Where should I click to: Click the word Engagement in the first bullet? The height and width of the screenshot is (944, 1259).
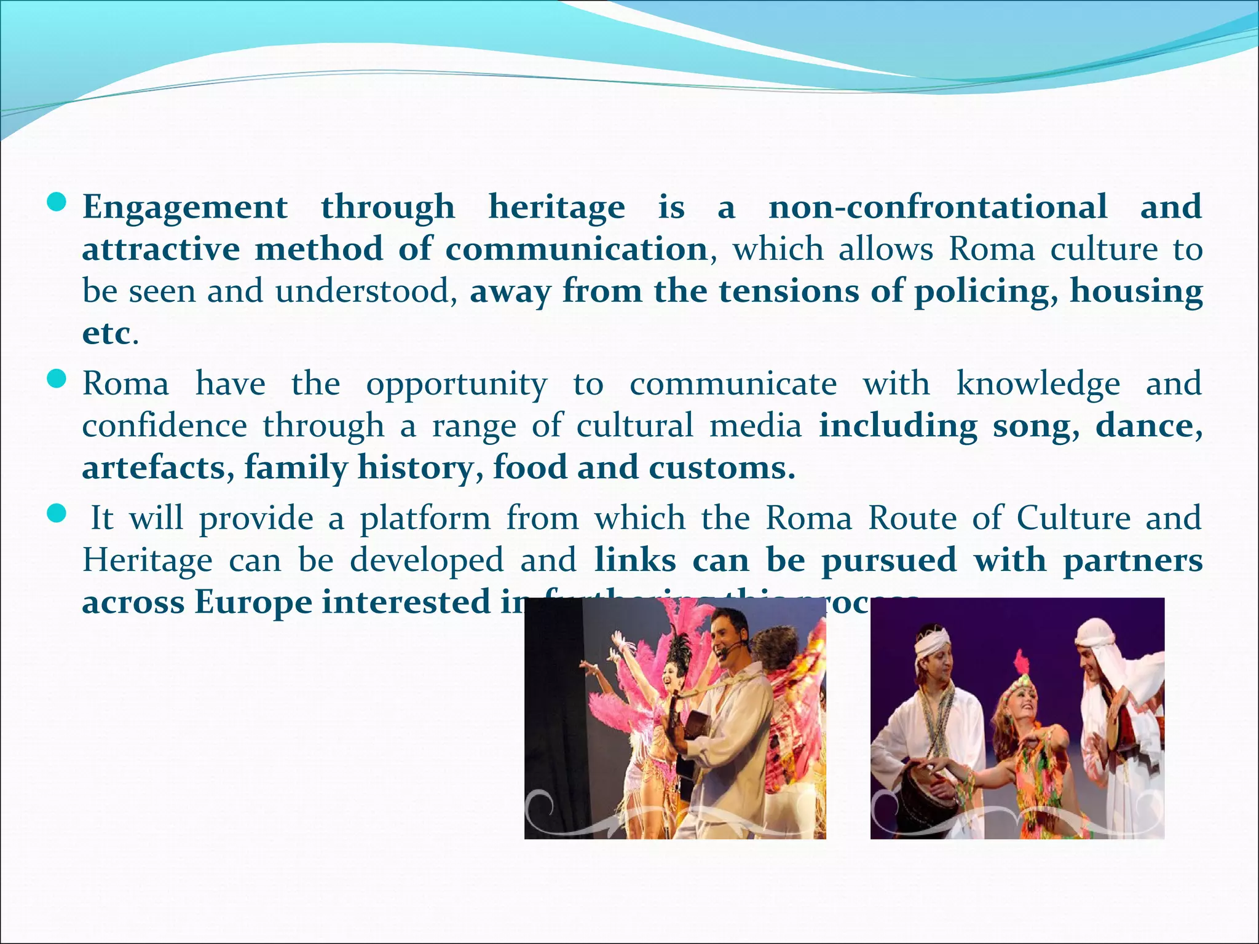pos(185,208)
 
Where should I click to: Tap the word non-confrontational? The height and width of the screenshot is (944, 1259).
pos(938,206)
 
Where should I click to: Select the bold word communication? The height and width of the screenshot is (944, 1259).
pos(576,249)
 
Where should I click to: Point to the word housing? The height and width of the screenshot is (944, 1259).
pos(1136,291)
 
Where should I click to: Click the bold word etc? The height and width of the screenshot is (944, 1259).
pos(106,334)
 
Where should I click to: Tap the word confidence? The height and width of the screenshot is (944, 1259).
pos(165,426)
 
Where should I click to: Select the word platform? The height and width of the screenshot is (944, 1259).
pos(425,518)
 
